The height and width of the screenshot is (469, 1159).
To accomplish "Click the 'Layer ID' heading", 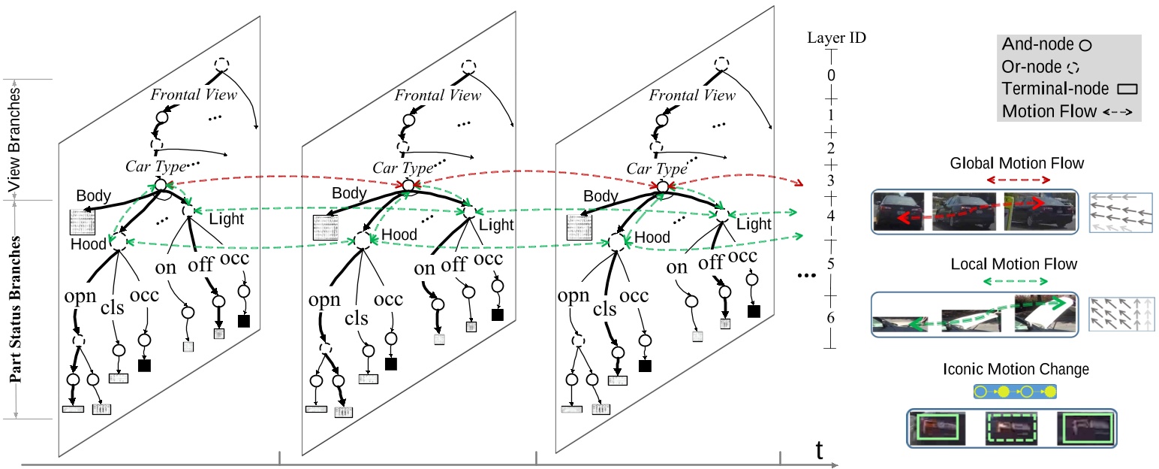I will coord(837,38).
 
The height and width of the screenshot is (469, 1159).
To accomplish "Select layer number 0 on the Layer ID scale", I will coord(830,75).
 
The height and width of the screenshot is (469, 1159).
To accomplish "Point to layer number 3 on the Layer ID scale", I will coord(830,180).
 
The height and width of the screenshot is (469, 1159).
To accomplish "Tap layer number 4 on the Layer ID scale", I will coord(830,216).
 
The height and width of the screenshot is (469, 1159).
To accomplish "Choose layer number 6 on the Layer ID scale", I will coord(830,318).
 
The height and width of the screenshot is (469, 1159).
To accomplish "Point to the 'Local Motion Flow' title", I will coord(1013,264).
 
